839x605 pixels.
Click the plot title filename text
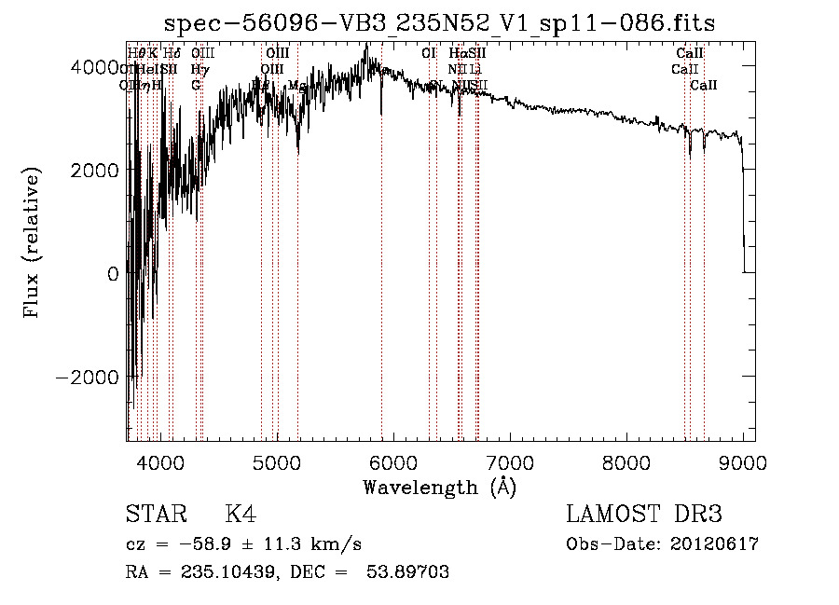pyautogui.click(x=439, y=23)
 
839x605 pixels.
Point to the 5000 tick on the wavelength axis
pyautogui.click(x=276, y=461)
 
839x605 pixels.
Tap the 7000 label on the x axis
pyautogui.click(x=509, y=461)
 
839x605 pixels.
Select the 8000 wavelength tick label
pyautogui.click(x=626, y=461)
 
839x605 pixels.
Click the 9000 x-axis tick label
pyautogui.click(x=742, y=461)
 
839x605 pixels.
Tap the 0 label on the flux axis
pyautogui.click(x=113, y=274)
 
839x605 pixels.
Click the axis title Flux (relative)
pyautogui.click(x=33, y=244)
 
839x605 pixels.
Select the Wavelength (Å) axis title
pyautogui.click(x=439, y=488)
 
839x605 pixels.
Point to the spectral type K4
pyautogui.click(x=241, y=516)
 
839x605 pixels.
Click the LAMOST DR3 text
pyautogui.click(x=644, y=516)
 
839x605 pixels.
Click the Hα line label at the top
pyautogui.click(x=457, y=53)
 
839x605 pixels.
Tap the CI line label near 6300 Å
pyautogui.click(x=429, y=53)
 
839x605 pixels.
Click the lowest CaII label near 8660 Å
pyautogui.click(x=704, y=86)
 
